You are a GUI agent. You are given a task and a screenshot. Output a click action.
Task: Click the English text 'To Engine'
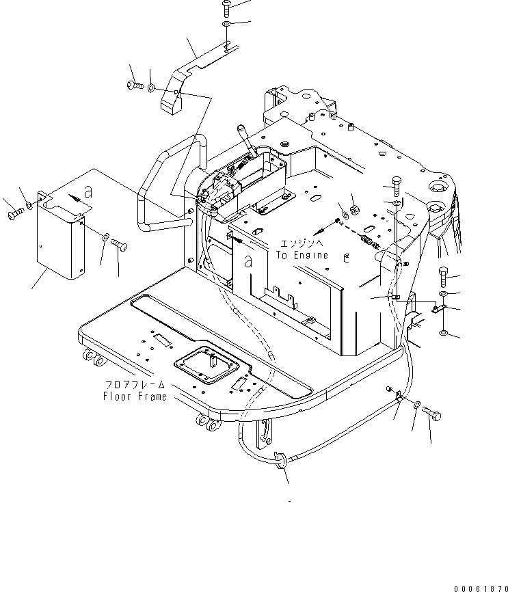point(302,255)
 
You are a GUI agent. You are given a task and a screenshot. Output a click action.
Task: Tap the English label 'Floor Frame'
point(135,396)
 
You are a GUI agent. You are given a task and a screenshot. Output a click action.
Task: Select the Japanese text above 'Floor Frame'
point(135,386)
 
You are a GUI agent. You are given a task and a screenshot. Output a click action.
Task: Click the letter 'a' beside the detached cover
point(88,191)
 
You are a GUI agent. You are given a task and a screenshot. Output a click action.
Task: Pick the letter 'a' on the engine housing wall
point(249,260)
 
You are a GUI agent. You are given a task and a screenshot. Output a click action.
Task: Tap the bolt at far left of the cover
point(16,215)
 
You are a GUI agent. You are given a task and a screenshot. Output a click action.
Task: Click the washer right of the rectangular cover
point(104,237)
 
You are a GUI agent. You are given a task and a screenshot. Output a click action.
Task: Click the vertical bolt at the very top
point(226,7)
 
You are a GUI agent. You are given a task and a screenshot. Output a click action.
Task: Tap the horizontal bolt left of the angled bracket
point(133,86)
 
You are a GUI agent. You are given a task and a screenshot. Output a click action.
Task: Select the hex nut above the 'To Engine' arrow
point(355,208)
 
